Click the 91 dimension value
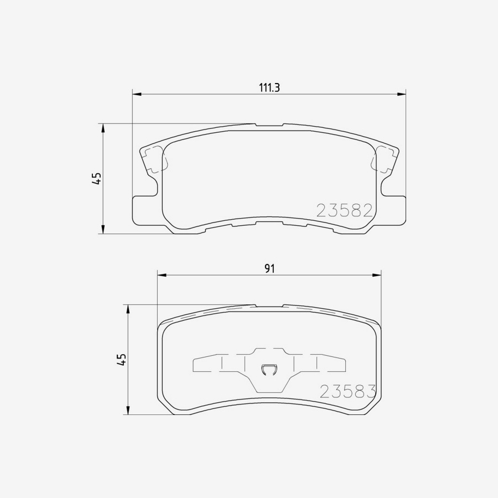269,268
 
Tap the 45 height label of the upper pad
97,178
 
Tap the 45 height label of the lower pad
122,360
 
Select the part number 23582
343,210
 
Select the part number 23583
348,391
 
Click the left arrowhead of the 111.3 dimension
137,94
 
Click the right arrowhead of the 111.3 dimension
402,94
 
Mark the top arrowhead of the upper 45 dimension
103,128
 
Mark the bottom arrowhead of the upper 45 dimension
103,230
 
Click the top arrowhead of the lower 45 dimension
128,309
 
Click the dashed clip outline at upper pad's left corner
155,160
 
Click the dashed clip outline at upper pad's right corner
383,160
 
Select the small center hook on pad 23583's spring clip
269,369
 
